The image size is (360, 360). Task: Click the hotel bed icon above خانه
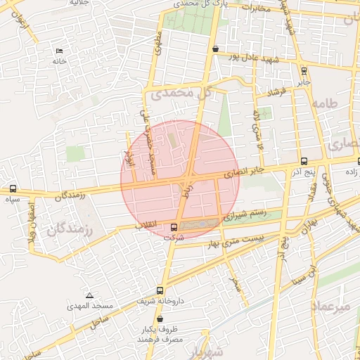coord(58,51)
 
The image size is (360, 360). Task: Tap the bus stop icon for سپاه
coord(13,188)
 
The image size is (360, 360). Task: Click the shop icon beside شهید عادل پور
coord(214,49)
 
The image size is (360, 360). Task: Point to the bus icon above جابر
coord(304,70)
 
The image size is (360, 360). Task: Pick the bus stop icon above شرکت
coord(174,227)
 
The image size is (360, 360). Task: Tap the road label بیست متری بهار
coord(238,241)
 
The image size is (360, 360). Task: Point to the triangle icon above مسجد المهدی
coord(89,295)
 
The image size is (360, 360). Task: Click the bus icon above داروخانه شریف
coord(160,290)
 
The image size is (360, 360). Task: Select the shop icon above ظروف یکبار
coord(160,319)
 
